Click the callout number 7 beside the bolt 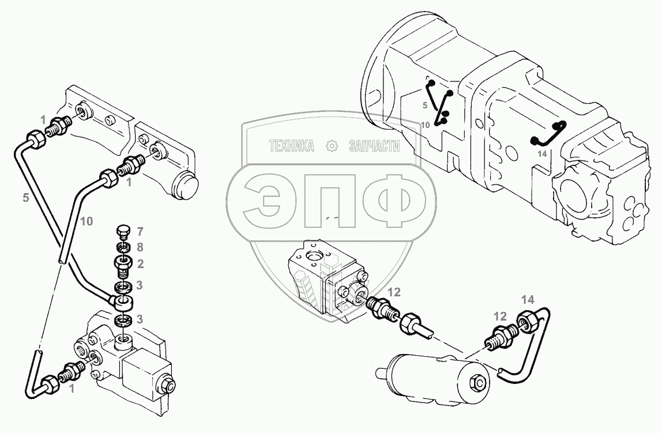point(140,232)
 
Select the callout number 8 point(140,247)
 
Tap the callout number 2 point(140,264)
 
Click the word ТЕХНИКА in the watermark point(292,147)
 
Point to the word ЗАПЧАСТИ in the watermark point(374,147)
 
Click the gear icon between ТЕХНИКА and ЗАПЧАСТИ point(332,147)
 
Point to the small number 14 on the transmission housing point(541,153)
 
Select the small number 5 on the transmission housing point(424,106)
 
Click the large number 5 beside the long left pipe point(25,197)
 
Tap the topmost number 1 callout point(43,119)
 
